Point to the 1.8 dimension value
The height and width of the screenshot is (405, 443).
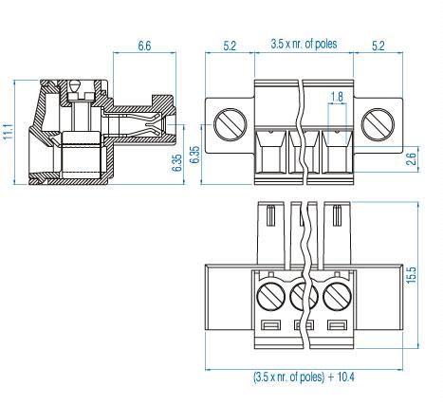(337, 97)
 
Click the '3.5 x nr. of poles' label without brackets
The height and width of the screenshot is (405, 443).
(304, 44)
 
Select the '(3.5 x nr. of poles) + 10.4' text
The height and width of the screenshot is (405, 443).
(303, 376)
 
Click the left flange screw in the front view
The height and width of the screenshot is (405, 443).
(230, 124)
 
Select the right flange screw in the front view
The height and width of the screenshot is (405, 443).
(377, 124)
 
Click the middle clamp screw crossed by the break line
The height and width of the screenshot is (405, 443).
(303, 296)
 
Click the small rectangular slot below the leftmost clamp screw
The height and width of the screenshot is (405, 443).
(268, 327)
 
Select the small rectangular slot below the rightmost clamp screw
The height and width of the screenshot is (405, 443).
(337, 327)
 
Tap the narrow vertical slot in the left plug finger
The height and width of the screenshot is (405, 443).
(271, 217)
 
